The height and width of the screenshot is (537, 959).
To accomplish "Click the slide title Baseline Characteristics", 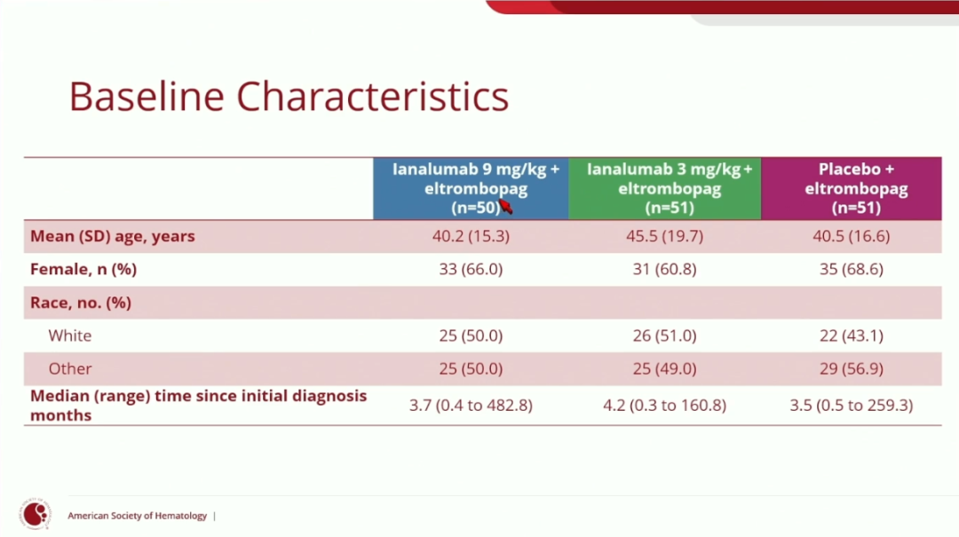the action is point(289,96).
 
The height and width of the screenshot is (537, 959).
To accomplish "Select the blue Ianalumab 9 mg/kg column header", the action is point(471,188).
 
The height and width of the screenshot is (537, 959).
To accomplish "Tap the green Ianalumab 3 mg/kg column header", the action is point(665,188).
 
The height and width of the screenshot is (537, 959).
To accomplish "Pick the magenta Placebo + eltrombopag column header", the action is point(852,188).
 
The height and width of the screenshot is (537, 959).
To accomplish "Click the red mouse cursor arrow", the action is point(506,207).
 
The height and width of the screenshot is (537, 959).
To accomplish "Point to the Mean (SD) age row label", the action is point(113,236).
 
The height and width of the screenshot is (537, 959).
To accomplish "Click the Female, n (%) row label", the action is point(83,269).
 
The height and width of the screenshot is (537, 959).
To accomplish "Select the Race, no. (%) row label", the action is point(81,303).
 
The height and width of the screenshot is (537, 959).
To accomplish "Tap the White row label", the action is point(70,336).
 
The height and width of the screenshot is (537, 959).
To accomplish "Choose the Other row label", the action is point(70,369).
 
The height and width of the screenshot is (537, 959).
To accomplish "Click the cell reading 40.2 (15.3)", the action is point(471,236).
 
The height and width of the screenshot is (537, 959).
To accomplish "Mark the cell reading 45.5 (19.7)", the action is point(665,236).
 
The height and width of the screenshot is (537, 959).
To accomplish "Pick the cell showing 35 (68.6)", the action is point(852,269).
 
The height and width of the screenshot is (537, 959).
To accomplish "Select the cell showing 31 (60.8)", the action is point(665,269).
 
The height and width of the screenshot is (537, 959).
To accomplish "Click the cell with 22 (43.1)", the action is point(852,336).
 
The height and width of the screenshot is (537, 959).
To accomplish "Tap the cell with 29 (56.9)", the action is point(852,369).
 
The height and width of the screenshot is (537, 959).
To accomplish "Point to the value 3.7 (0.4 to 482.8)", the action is point(471,406).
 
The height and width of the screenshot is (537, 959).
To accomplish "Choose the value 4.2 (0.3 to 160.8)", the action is point(665,406).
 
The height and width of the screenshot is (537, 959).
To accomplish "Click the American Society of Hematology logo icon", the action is point(36,514).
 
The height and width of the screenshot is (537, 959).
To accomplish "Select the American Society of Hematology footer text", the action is point(137,516).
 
